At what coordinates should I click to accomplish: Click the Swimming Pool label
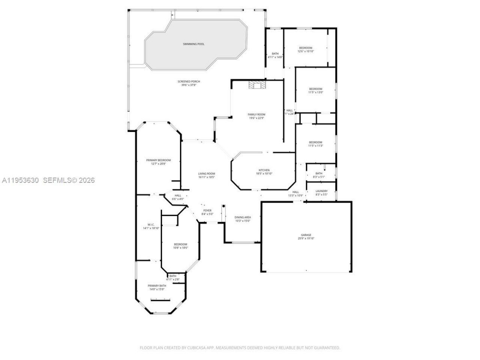(193, 44)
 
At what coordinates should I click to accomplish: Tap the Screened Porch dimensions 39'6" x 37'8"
(189, 85)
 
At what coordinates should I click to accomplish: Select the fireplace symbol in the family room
(257, 85)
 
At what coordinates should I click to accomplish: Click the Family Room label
(256, 114)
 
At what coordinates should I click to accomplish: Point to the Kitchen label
(264, 170)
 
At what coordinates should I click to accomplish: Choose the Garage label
(306, 235)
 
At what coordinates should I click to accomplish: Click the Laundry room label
(321, 191)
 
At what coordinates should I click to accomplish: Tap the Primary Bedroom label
(158, 160)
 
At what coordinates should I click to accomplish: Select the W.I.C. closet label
(151, 225)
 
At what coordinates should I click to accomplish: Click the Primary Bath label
(157, 286)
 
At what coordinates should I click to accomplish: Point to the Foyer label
(207, 211)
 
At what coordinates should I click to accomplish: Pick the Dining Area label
(243, 217)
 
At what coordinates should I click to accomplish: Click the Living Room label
(206, 174)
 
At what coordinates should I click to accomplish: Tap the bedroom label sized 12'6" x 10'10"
(305, 48)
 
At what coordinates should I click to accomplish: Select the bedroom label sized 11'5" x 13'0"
(315, 89)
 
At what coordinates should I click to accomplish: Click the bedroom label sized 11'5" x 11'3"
(315, 142)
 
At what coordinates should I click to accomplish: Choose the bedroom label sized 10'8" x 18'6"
(180, 244)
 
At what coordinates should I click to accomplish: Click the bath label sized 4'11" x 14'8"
(275, 54)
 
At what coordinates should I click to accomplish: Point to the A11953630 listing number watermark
(20, 180)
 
